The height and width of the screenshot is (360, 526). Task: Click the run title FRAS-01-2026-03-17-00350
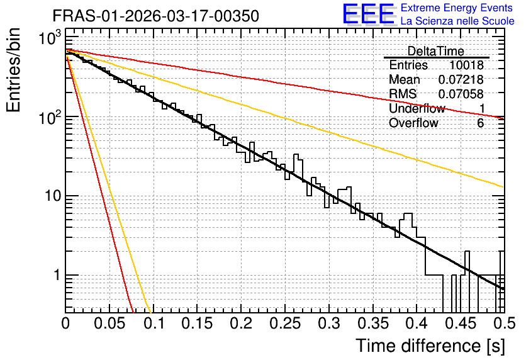(156, 16)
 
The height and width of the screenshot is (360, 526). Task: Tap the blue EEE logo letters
(369, 14)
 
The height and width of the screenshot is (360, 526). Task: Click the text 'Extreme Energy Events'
(456, 8)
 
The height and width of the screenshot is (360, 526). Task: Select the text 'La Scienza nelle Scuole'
(457, 21)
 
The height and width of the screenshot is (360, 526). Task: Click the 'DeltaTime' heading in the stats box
(436, 51)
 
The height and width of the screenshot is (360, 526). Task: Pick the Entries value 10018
(466, 65)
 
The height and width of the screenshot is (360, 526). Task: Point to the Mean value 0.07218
(461, 79)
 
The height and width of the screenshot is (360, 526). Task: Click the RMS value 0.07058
(461, 94)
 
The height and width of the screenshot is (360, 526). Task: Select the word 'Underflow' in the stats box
(417, 108)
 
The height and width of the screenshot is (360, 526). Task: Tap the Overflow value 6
(480, 123)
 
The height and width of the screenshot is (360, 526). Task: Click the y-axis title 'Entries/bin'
(13, 70)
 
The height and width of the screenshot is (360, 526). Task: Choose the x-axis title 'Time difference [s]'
(430, 346)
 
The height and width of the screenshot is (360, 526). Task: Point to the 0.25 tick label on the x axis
(285, 323)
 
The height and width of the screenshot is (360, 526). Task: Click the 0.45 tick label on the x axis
(461, 323)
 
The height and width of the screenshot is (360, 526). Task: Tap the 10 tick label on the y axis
(53, 196)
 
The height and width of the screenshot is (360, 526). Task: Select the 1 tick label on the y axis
(57, 275)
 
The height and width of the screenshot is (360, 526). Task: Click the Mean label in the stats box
(404, 79)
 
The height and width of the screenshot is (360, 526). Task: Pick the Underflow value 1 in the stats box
(482, 108)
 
